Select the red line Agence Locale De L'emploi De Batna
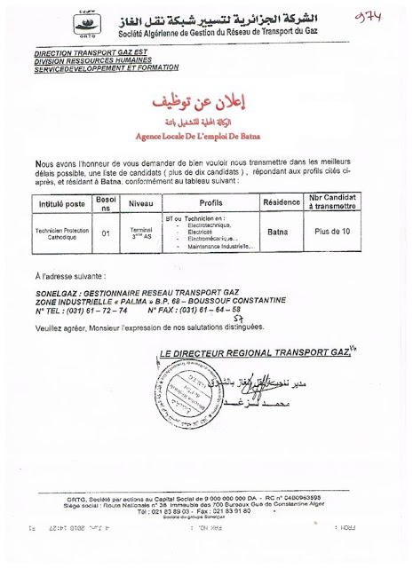pyautogui.click(x=206, y=138)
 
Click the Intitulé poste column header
pyautogui.click(x=63, y=203)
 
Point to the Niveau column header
pyautogui.click(x=141, y=203)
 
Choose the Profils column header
pyautogui.click(x=210, y=203)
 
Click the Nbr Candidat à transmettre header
pyautogui.click(x=333, y=203)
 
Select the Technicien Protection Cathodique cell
pyautogui.click(x=63, y=233)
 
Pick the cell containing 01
pyautogui.click(x=106, y=233)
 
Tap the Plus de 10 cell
pyautogui.click(x=333, y=233)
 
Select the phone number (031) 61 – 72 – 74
pyautogui.click(x=92, y=312)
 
